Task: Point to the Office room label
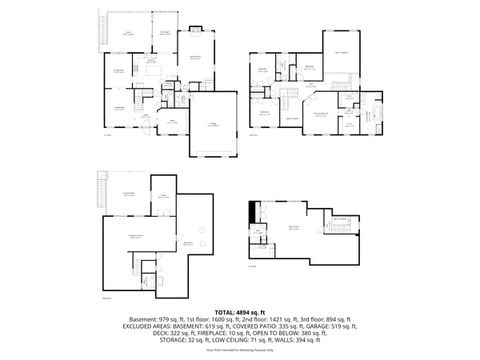tap(171, 121)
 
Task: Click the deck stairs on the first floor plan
tap(102, 30)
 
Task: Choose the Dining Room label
tap(118, 71)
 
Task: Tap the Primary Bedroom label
tap(321, 115)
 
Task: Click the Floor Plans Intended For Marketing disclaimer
tap(240, 350)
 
